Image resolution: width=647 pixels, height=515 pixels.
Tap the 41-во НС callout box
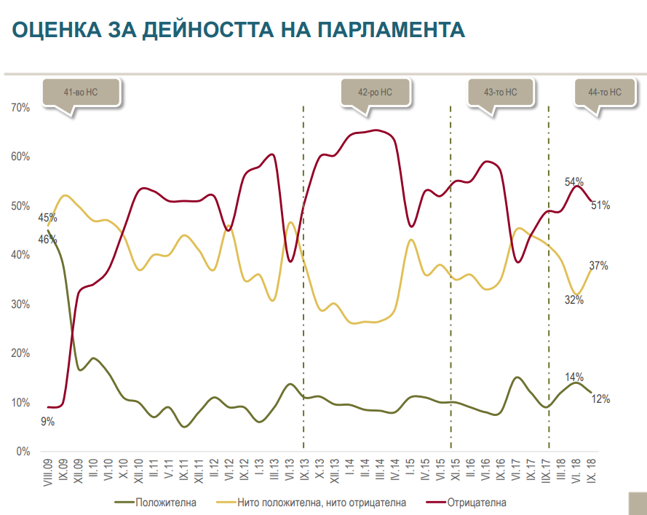[x=81, y=93]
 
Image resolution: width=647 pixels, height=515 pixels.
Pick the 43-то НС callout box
[x=500, y=93]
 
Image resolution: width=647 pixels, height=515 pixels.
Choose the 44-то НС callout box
[x=604, y=93]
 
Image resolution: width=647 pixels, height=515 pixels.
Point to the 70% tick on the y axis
[x=20, y=108]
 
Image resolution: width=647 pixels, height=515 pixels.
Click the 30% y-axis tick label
[x=20, y=304]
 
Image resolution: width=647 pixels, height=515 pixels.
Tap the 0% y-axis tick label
[x=23, y=452]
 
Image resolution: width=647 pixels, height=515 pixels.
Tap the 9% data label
[x=47, y=421]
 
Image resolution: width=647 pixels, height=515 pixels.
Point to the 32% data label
[x=574, y=300]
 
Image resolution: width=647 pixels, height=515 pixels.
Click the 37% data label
[x=599, y=266]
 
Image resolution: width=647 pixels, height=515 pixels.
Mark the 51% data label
[x=600, y=205]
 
